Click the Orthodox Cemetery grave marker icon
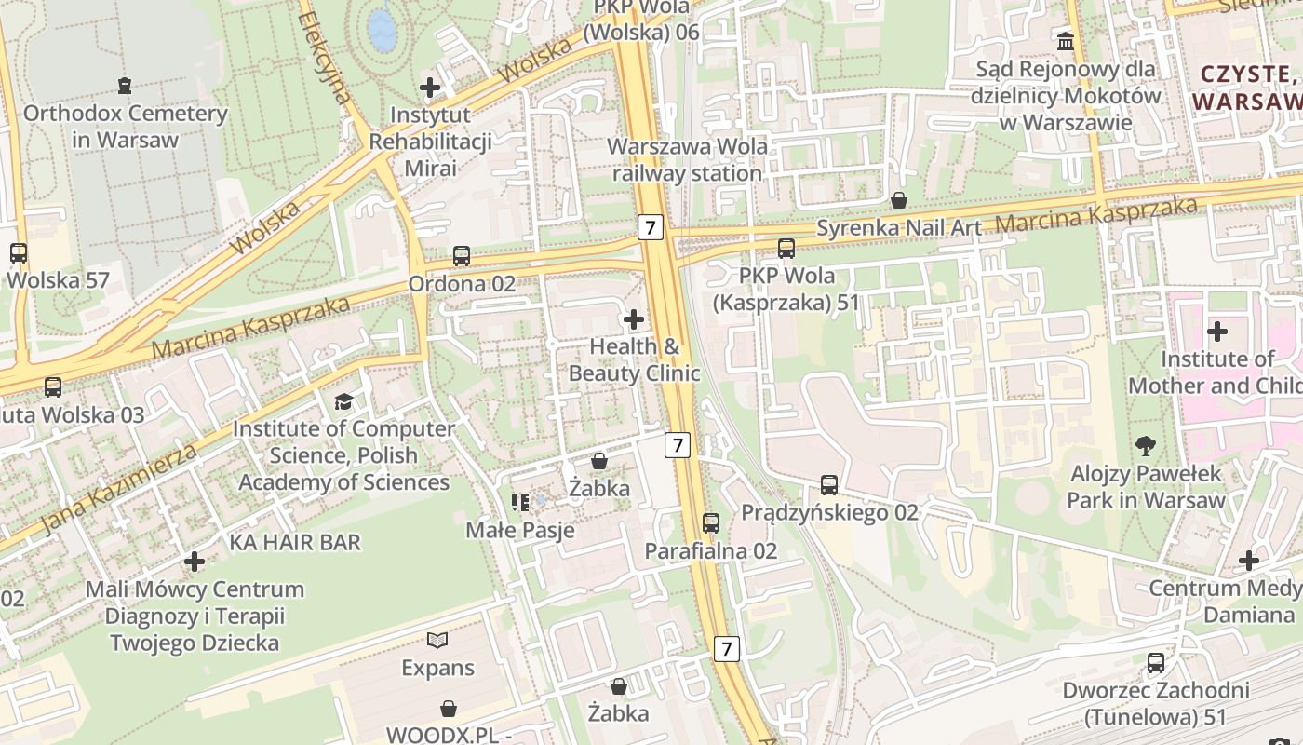pyautogui.click(x=125, y=86)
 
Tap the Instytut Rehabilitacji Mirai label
pyautogui.click(x=430, y=142)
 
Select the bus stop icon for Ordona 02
pyautogui.click(x=462, y=256)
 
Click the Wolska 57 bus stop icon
pyautogui.click(x=18, y=252)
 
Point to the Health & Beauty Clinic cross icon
pyautogui.click(x=634, y=319)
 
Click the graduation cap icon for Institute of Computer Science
pyautogui.click(x=343, y=401)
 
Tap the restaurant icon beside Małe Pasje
pyautogui.click(x=520, y=503)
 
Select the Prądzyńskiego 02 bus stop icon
pyautogui.click(x=829, y=484)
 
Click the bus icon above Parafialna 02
pyautogui.click(x=711, y=523)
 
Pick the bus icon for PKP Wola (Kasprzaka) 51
pyautogui.click(x=786, y=249)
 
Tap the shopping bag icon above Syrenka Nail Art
pyautogui.click(x=899, y=200)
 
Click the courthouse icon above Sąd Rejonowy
pyautogui.click(x=1066, y=41)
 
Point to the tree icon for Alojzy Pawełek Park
pyautogui.click(x=1145, y=446)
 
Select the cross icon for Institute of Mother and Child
pyautogui.click(x=1216, y=331)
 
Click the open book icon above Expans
pyautogui.click(x=437, y=640)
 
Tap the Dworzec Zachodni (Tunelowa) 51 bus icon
pyautogui.click(x=1156, y=663)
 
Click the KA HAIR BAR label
pyautogui.click(x=295, y=542)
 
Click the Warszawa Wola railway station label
pyautogui.click(x=688, y=160)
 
